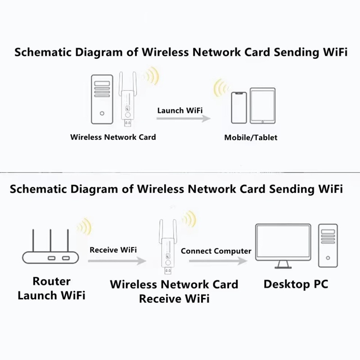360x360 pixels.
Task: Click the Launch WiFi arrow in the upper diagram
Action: tap(184, 118)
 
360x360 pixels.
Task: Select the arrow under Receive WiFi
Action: tap(117, 261)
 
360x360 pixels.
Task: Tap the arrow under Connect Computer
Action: tap(218, 261)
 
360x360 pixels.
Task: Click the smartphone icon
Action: tap(239, 108)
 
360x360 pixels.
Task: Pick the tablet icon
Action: tap(263, 106)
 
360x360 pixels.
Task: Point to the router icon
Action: tap(50, 246)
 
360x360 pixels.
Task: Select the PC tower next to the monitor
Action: tap(328, 245)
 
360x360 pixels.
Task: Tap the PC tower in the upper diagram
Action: tap(102, 99)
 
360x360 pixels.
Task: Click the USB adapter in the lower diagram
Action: tap(168, 247)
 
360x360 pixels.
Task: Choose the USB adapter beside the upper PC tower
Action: tap(128, 99)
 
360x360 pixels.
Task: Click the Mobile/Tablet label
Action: tap(251, 138)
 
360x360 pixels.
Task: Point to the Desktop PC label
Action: tap(296, 284)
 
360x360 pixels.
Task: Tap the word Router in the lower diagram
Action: tap(51, 281)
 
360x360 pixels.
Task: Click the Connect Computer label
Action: tap(216, 251)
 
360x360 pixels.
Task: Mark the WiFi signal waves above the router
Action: tap(85, 227)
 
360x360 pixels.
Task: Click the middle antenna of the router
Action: tap(50, 240)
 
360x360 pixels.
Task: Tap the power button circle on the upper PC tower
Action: tap(102, 113)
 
